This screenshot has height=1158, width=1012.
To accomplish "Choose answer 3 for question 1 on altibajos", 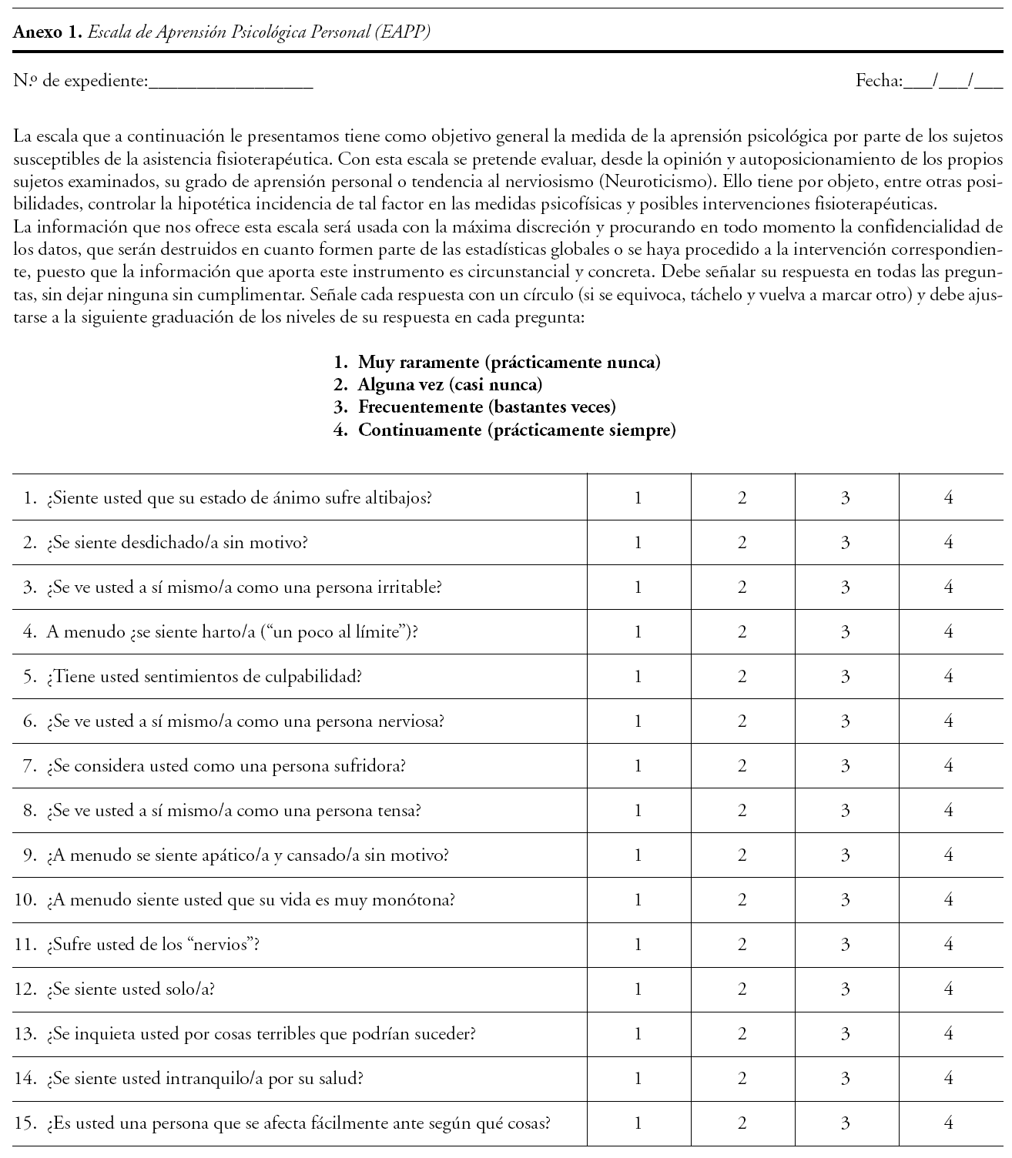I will (846, 497).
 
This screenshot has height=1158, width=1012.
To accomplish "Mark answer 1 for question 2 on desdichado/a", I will (638, 542).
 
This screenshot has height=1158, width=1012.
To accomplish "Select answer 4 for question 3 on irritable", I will (949, 587).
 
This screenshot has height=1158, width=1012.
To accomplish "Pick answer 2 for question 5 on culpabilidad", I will (742, 676).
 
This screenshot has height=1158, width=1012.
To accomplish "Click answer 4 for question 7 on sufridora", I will (949, 765).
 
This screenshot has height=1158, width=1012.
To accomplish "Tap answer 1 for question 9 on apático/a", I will (638, 855).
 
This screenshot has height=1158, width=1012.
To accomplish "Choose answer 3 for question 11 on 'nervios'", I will (846, 944).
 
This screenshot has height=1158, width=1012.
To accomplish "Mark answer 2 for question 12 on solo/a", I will (742, 989).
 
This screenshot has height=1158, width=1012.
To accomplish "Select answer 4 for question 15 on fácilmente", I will (949, 1123).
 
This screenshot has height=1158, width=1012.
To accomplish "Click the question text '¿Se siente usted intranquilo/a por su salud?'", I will (204, 1078).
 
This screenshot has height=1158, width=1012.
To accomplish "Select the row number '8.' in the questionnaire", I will (30, 810).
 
